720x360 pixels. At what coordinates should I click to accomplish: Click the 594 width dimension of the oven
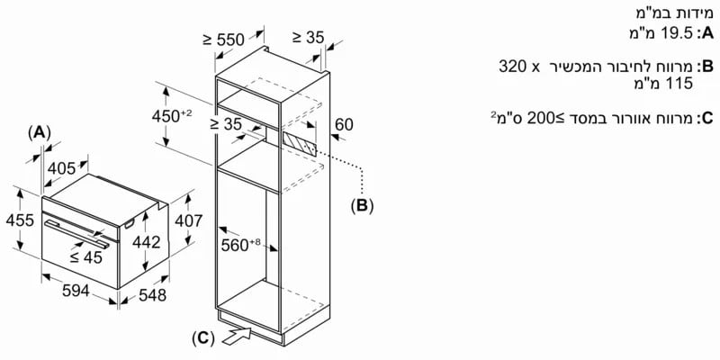click(76, 290)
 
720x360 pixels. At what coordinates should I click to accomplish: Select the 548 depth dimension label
click(152, 295)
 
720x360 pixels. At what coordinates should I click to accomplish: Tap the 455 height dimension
click(20, 220)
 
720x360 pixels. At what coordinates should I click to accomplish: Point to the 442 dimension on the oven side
click(146, 242)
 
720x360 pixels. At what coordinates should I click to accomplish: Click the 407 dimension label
click(188, 221)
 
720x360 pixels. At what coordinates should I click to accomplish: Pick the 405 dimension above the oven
click(61, 169)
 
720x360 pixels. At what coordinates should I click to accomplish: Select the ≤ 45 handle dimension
click(85, 258)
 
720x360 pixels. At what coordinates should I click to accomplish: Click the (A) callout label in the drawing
click(39, 133)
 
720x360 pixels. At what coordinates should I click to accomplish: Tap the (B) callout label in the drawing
click(363, 206)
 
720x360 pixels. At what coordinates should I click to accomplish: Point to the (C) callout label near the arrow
click(203, 338)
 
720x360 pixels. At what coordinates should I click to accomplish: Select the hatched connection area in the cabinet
click(300, 143)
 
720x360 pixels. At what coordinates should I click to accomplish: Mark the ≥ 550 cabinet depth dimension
click(223, 40)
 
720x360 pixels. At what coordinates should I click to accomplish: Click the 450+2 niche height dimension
click(171, 116)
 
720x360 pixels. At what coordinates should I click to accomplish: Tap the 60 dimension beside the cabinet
click(345, 124)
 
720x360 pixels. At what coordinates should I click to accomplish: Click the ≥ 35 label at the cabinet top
click(308, 37)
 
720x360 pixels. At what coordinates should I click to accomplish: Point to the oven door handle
click(77, 233)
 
